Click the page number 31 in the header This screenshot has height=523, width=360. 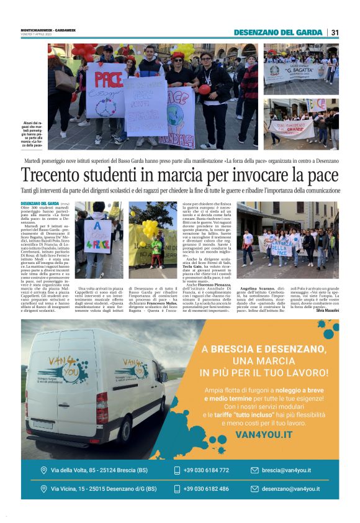[335, 32]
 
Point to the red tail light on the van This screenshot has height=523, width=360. [102, 407]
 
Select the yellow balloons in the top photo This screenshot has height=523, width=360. [184, 50]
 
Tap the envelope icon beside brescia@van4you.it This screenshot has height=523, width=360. [254, 470]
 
